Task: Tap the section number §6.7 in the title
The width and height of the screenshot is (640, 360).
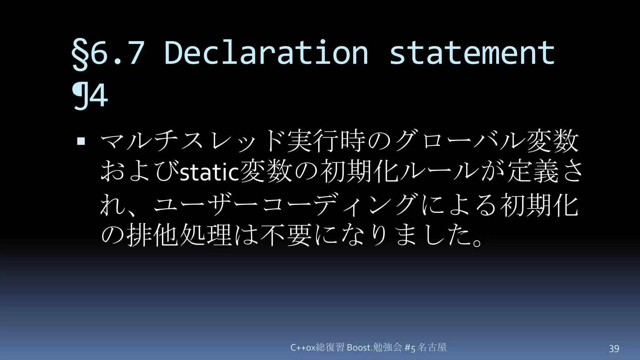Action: click(108, 53)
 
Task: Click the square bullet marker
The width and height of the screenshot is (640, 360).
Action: click(81, 142)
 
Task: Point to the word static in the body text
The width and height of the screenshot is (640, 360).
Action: click(210, 173)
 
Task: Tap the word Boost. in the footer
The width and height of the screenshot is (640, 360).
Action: click(359, 347)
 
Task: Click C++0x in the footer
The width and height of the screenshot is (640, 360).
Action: click(303, 347)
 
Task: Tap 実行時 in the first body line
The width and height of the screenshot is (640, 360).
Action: click(327, 142)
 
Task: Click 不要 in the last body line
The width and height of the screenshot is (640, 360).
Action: click(286, 235)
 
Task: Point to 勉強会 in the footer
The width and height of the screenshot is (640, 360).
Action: click(387, 347)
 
